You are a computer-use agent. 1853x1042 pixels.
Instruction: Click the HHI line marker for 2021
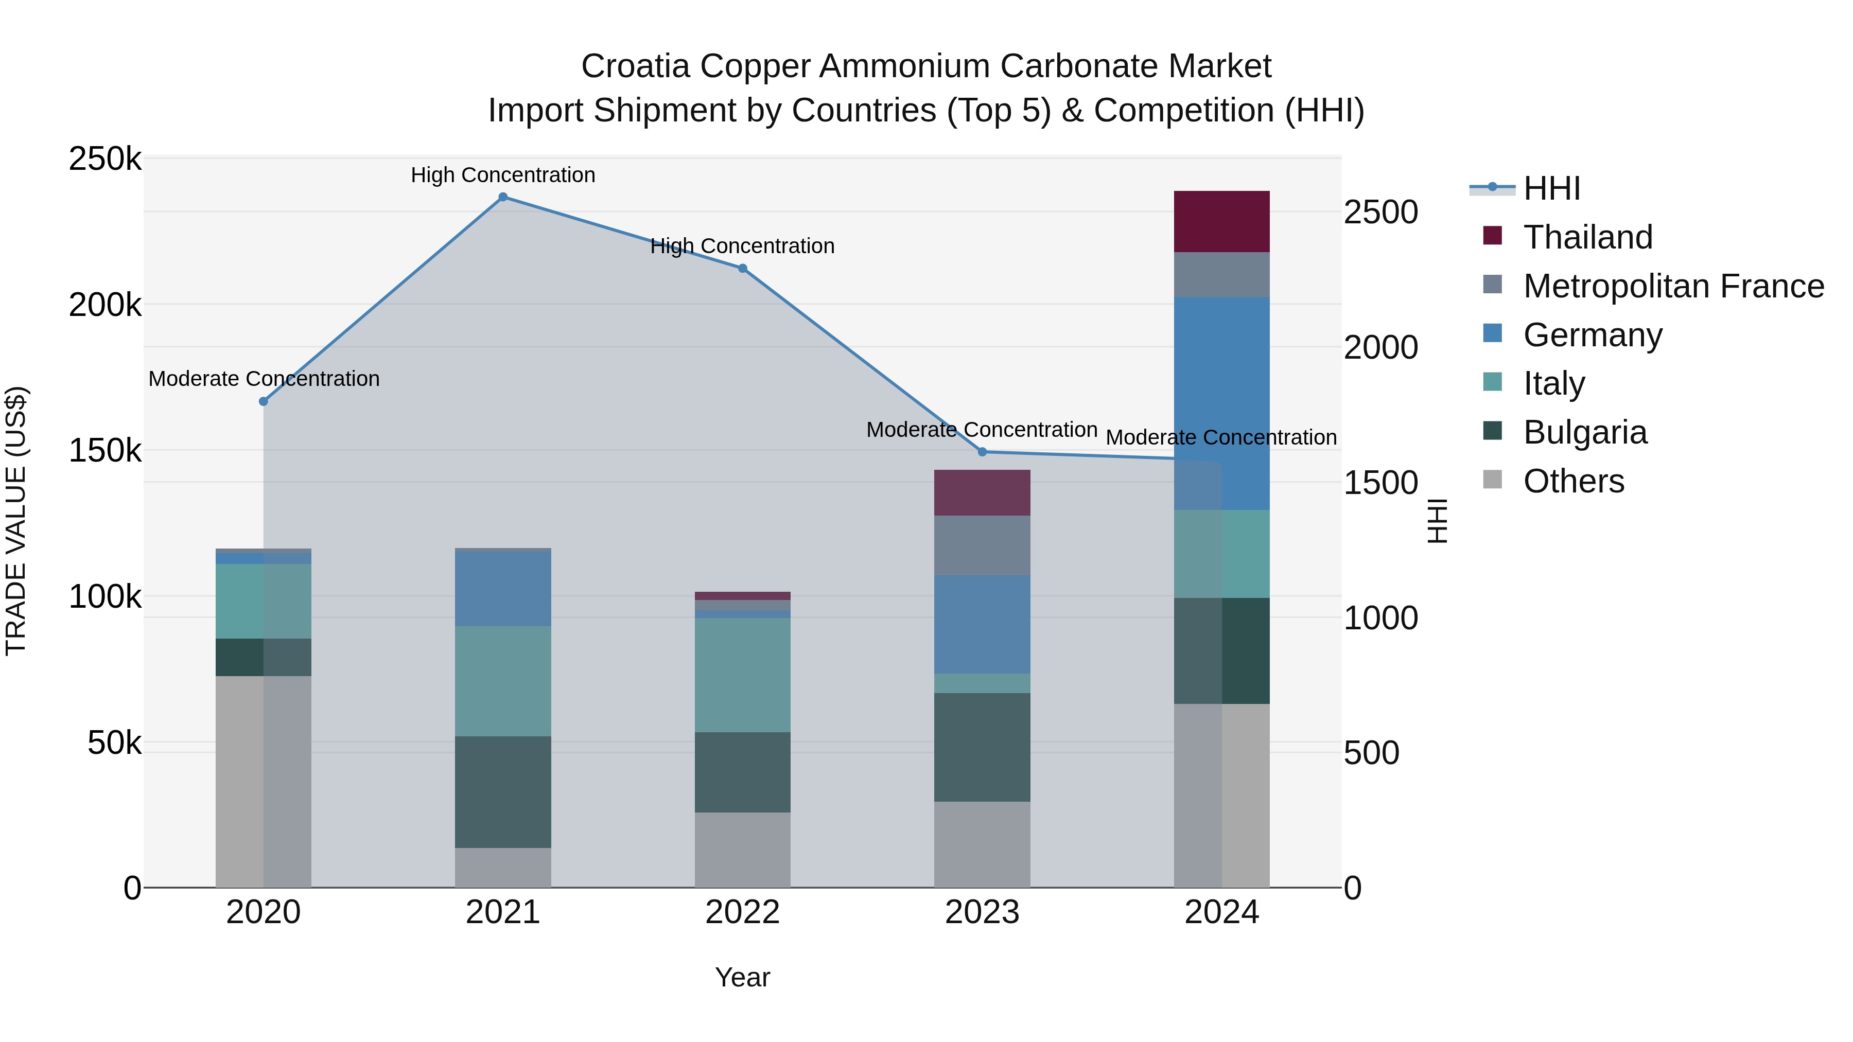503,197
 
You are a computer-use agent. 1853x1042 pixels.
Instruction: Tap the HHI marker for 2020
263,401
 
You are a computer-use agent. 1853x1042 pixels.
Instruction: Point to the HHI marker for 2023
982,452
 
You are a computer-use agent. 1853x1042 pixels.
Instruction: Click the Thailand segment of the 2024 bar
1221,221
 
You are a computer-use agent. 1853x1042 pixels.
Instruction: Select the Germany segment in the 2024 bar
1221,403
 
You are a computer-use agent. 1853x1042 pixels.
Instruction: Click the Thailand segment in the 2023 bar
982,492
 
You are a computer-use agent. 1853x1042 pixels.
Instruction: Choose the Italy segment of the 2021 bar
503,681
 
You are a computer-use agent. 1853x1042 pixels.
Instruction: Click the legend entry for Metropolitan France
1673,286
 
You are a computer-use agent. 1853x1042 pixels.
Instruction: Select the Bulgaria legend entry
1585,432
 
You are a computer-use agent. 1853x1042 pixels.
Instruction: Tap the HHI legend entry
1551,188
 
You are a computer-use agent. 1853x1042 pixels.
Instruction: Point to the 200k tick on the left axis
105,306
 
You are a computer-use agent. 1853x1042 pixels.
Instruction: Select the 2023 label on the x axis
982,912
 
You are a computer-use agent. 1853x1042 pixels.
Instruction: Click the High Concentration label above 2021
503,175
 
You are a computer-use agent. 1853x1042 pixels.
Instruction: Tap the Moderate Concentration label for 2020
264,378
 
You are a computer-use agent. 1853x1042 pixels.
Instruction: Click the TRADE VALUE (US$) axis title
16,521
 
